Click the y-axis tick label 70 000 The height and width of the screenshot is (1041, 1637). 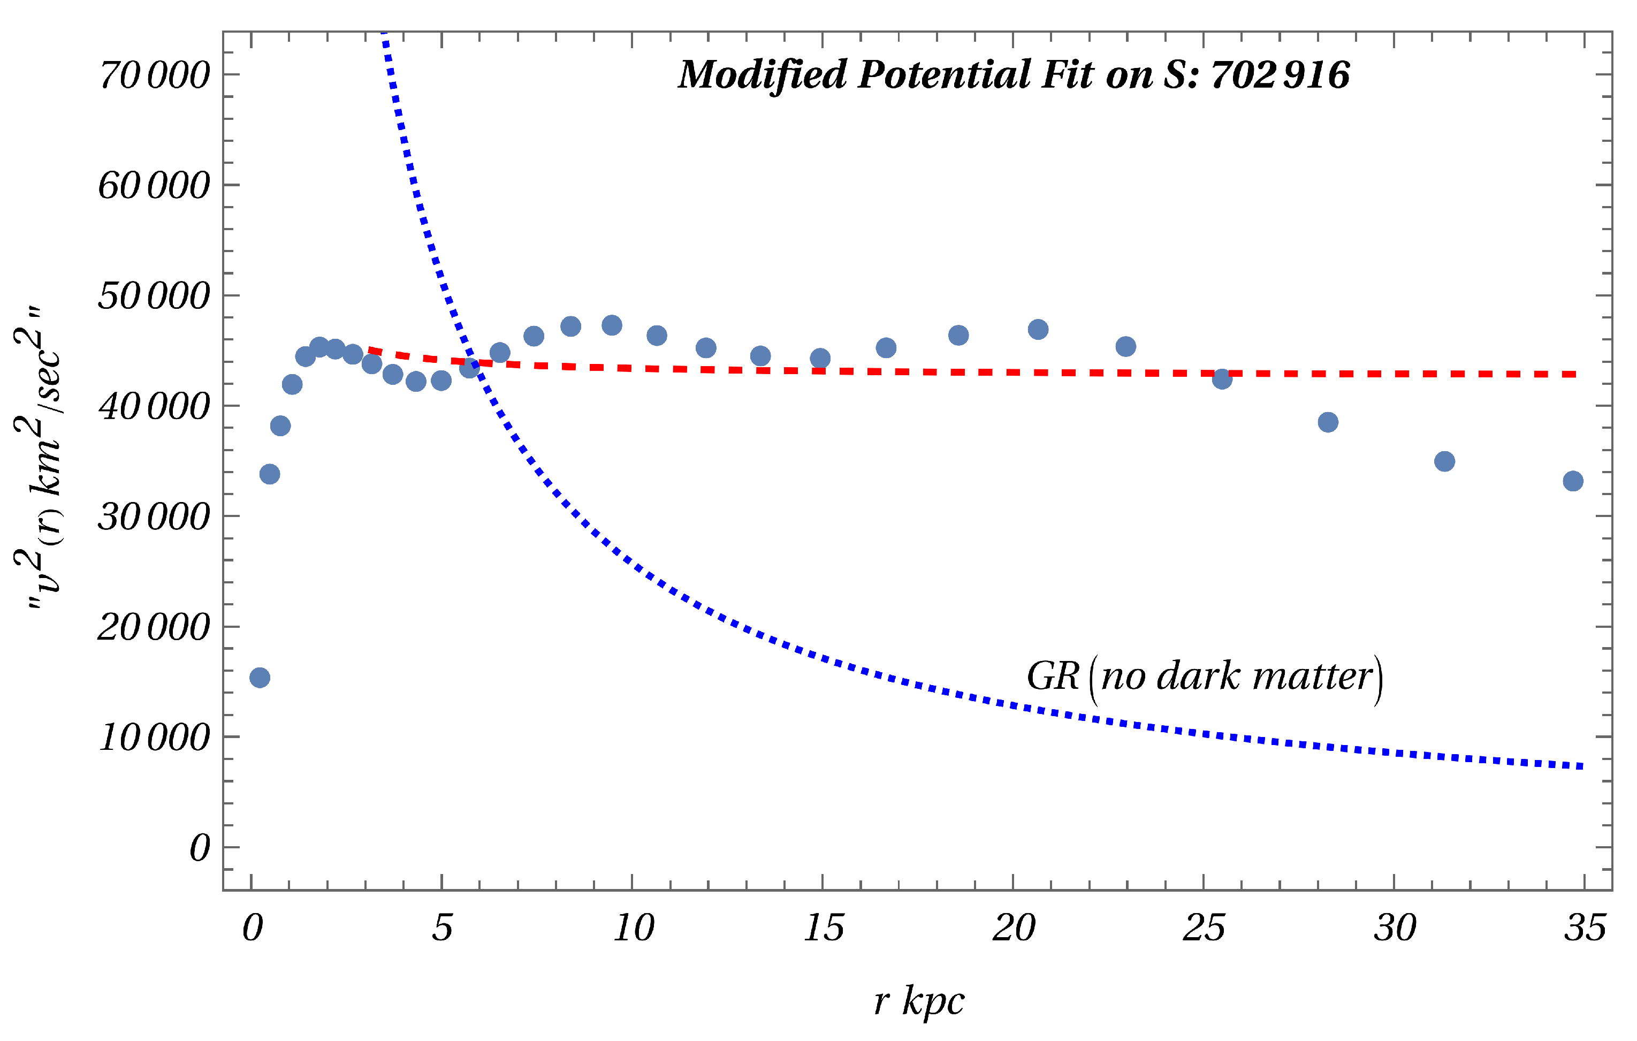point(154,75)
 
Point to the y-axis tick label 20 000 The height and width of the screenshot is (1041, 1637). point(154,627)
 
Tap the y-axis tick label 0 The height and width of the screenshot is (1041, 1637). point(200,848)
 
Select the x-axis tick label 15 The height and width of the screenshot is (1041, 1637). point(823,928)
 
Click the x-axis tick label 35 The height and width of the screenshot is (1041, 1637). point(1585,928)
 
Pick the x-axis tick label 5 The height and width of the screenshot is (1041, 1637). point(442,928)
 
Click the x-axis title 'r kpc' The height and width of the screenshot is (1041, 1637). point(919,1001)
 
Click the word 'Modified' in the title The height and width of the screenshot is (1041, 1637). point(763,75)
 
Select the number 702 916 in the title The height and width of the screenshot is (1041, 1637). point(1280,75)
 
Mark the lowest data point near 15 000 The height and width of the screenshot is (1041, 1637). point(260,677)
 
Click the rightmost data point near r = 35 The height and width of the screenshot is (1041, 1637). point(1572,481)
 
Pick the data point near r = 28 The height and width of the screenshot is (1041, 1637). point(1328,422)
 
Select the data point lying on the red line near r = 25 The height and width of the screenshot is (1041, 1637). point(1222,379)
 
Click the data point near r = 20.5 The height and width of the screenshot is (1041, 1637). point(1038,330)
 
